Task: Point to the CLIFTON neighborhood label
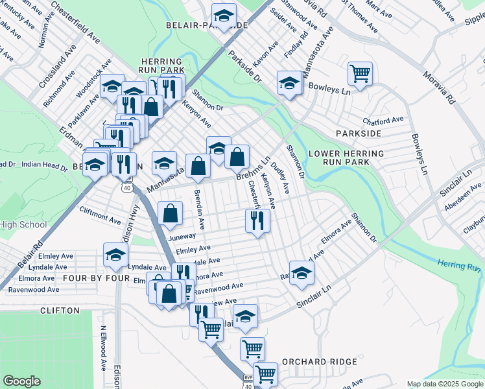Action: pyautogui.click(x=60, y=311)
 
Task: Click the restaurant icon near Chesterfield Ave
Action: pyautogui.click(x=257, y=221)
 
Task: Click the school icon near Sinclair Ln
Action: pyautogui.click(x=302, y=273)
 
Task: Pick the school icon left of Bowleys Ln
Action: pyautogui.click(x=289, y=82)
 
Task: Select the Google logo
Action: pyautogui.click(x=21, y=381)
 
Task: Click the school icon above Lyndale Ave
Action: pyautogui.click(x=115, y=254)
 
